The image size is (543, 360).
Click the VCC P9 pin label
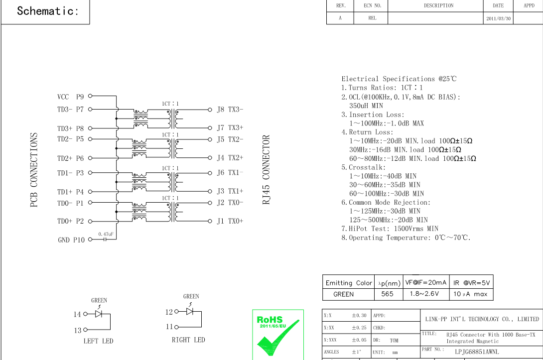coord(70,97)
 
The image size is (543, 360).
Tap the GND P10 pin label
coord(71,240)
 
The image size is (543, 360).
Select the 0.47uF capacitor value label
coord(106,234)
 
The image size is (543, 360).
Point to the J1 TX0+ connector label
coord(230,221)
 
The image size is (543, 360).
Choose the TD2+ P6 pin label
coord(70,158)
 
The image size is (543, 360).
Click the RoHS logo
coord(277,334)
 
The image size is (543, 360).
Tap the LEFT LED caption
coord(98,341)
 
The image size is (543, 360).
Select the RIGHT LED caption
coord(188,340)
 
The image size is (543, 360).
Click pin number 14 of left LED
coord(77,314)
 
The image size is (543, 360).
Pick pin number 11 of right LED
coord(169,327)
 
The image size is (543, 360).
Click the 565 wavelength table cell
coord(387,294)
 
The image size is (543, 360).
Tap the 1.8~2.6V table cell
coord(424,294)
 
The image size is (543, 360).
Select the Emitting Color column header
coord(349,283)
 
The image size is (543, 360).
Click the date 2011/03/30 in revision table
coord(498,18)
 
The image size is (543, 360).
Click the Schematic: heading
coord(48,11)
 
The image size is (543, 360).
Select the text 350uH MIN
coord(366,106)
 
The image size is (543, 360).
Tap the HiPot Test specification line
coord(390,229)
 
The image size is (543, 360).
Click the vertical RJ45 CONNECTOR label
coord(266,170)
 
